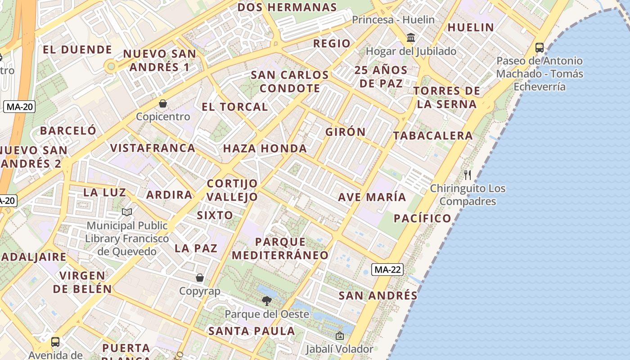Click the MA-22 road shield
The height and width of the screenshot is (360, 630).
pos(387,270)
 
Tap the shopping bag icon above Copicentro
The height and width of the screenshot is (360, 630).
pos(163,103)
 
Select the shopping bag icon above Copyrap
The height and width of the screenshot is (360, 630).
pos(200,278)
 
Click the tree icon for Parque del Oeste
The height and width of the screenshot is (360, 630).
pos(267,301)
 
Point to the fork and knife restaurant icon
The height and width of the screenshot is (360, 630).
pos(468,175)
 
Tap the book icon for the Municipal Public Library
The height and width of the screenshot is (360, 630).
pos(127,212)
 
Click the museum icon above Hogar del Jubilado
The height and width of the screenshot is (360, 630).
pos(411,37)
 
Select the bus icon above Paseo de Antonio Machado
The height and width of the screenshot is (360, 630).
pos(540,47)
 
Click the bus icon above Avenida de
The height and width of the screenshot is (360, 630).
pos(55,342)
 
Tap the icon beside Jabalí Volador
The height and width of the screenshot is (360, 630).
pos(340,336)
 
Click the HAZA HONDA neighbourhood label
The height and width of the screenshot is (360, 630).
pos(265,148)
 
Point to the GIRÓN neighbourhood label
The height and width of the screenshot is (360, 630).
pos(346,132)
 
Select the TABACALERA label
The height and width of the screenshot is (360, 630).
pos(433,135)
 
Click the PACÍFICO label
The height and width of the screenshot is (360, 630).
pos(423,218)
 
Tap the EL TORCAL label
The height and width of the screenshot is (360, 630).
pos(235,107)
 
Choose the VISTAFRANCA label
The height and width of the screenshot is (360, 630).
pos(153,148)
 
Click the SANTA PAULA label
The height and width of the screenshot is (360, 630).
pos(252,331)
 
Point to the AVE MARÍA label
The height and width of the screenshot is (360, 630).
pos(372,197)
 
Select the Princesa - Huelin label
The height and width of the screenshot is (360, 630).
pos(393,20)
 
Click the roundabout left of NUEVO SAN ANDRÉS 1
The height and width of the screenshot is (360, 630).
pos(110,67)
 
